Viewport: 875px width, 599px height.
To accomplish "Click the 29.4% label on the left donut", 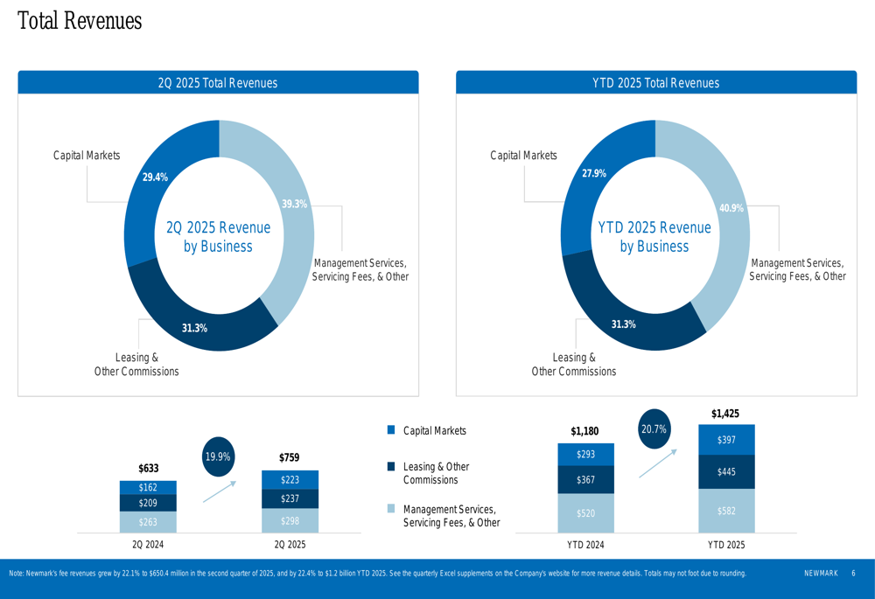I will [155, 178].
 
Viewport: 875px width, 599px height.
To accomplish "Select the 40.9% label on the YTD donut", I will [731, 208].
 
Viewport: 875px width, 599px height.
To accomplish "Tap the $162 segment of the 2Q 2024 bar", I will [148, 487].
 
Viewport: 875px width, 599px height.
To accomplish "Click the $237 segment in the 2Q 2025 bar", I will [290, 498].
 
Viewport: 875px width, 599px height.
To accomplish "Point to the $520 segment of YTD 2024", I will [585, 513].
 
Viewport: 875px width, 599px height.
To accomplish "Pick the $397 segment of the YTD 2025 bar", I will [726, 440].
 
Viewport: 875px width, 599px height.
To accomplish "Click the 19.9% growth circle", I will [218, 456].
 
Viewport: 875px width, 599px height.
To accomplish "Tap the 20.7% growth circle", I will [654, 429].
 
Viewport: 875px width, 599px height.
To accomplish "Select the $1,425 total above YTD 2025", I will [726, 413].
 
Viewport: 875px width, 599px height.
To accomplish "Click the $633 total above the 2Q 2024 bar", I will [148, 470].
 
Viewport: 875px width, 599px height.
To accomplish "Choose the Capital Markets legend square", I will [391, 430].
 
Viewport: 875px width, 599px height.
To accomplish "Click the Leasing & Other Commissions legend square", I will [391, 467].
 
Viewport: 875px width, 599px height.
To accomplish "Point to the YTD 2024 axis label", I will [585, 545].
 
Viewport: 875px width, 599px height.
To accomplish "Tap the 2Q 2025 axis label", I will [290, 545].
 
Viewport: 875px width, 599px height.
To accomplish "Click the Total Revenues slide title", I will [80, 21].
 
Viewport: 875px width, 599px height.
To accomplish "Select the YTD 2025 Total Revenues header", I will [655, 83].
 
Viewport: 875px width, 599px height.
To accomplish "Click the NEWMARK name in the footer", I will [821, 574].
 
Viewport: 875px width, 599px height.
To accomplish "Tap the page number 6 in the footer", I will [853, 574].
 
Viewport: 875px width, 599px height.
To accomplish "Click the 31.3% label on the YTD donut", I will [623, 324].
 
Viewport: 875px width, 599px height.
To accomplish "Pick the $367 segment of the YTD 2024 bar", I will [585, 480].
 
